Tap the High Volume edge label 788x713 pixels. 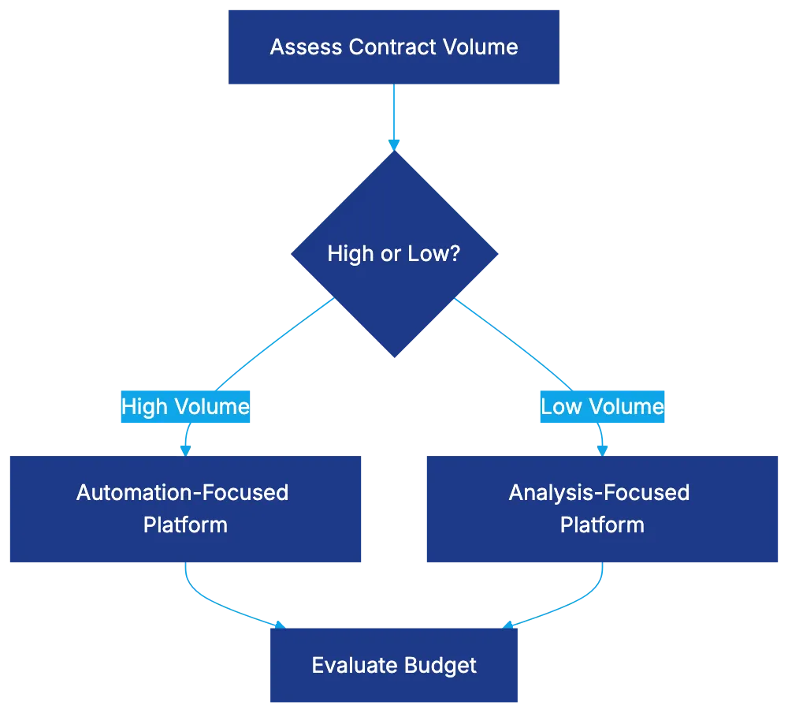pos(185,407)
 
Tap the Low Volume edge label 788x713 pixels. pos(602,407)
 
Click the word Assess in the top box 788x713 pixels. pos(295,47)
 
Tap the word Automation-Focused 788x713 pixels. pos(183,493)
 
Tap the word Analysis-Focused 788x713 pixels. pos(599,493)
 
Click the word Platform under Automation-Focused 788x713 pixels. pos(185,525)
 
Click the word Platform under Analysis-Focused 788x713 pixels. pos(602,525)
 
